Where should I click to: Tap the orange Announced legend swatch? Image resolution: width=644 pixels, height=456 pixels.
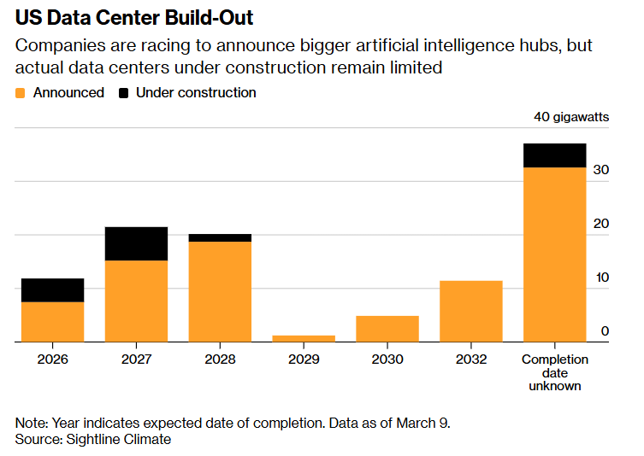[21, 92]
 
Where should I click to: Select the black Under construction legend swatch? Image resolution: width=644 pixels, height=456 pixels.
[124, 92]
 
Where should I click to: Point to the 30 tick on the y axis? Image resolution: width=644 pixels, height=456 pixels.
[601, 171]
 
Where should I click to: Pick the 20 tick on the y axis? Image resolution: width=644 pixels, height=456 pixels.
[601, 225]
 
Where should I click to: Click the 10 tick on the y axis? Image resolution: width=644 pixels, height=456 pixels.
[601, 278]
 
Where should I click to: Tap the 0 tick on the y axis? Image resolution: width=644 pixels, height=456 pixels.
[605, 331]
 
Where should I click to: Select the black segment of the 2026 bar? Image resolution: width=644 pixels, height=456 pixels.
[52, 290]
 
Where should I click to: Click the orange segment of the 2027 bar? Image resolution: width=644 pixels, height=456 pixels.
[136, 301]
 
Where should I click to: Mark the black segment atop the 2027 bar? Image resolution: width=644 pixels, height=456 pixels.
[136, 243]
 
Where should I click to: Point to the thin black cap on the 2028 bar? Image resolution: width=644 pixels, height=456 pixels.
[220, 237]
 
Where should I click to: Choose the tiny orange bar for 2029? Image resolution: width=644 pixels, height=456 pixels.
[304, 338]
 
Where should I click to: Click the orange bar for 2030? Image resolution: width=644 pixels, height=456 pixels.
[387, 329]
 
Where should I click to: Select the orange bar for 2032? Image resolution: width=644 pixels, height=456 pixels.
[470, 311]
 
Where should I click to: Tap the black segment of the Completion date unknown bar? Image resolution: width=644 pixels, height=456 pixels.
[554, 155]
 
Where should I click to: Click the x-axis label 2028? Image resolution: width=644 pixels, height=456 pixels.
[220, 360]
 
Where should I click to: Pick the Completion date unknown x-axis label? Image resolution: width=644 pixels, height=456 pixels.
[554, 372]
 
